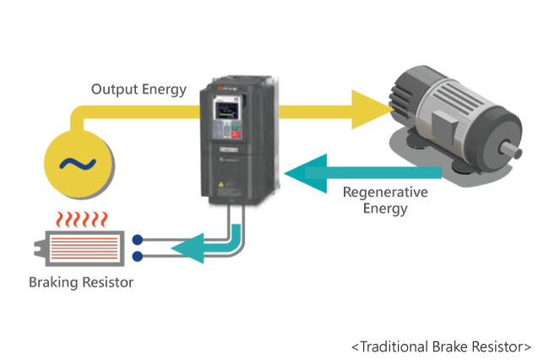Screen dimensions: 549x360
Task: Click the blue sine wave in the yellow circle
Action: (x=78, y=164)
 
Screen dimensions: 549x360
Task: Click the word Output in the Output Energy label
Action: (x=115, y=90)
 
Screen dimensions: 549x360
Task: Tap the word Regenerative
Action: (x=385, y=193)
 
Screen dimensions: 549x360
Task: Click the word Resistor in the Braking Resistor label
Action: (x=107, y=282)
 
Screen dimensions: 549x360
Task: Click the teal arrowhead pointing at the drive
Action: (x=305, y=173)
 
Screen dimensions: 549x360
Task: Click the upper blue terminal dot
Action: (x=138, y=240)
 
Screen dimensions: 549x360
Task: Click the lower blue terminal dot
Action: (x=138, y=256)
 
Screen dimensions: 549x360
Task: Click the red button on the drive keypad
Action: (x=236, y=134)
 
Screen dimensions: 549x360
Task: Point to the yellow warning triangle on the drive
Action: (x=221, y=184)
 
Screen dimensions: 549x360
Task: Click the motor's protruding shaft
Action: (x=511, y=150)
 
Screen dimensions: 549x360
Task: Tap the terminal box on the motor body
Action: (x=444, y=125)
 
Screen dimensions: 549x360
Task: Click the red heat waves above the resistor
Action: (x=82, y=220)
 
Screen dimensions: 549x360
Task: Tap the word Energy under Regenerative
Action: (x=385, y=209)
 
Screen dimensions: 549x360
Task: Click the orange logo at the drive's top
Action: (x=220, y=89)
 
